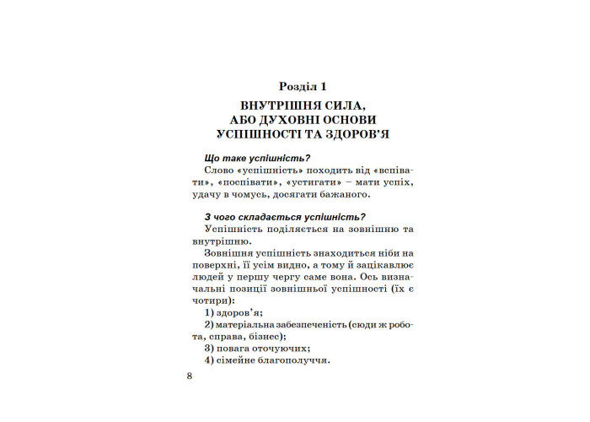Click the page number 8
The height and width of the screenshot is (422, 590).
click(190, 376)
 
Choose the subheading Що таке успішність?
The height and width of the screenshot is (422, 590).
click(258, 158)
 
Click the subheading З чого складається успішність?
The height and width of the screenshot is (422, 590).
click(285, 218)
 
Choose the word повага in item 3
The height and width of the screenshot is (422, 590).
click(233, 348)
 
